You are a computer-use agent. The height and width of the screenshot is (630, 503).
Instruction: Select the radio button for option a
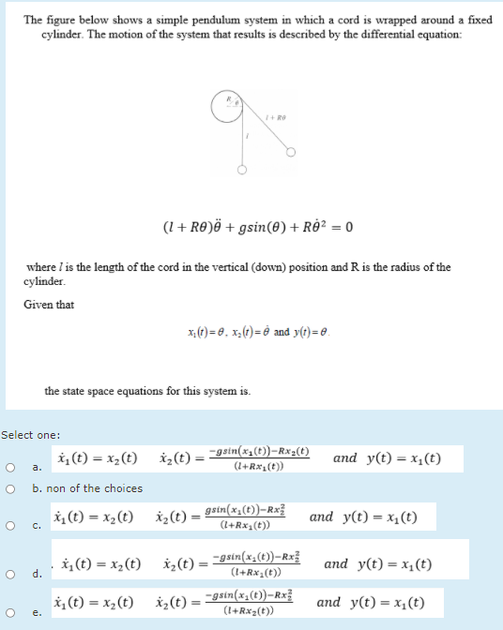[11, 466]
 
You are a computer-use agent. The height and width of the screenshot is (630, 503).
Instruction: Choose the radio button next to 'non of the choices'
[11, 488]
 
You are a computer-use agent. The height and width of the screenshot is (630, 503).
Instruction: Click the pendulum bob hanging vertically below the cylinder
[242, 171]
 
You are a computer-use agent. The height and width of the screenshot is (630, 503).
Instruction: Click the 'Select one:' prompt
[31, 435]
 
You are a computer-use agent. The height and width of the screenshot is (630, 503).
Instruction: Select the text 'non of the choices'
[87, 488]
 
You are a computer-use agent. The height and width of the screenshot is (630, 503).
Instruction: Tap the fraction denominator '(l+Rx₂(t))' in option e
[254, 611]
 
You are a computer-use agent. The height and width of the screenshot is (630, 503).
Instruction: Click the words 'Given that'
[49, 305]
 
